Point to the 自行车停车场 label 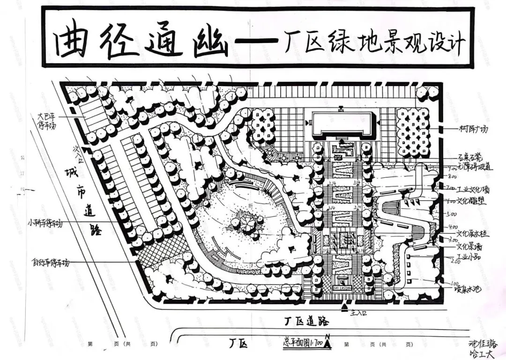50,263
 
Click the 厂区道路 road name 307,322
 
